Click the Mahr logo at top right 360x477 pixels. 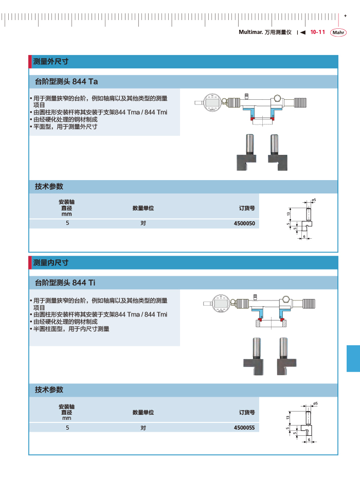338,32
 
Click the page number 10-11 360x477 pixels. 317,32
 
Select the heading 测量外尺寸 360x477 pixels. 51,61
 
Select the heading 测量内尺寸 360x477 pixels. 51,263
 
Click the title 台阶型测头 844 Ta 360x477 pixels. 66,82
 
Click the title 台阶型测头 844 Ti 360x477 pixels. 65,283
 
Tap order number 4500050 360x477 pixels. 244,224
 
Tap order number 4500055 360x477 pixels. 244,428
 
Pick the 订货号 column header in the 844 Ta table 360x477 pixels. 247,208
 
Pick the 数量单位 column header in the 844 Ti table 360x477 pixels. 143,412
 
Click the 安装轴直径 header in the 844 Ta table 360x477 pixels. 67,207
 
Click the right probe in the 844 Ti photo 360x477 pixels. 283,358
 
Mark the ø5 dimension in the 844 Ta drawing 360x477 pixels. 314,200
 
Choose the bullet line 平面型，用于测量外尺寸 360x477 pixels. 65,127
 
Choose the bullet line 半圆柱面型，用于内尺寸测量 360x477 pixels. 71,329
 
